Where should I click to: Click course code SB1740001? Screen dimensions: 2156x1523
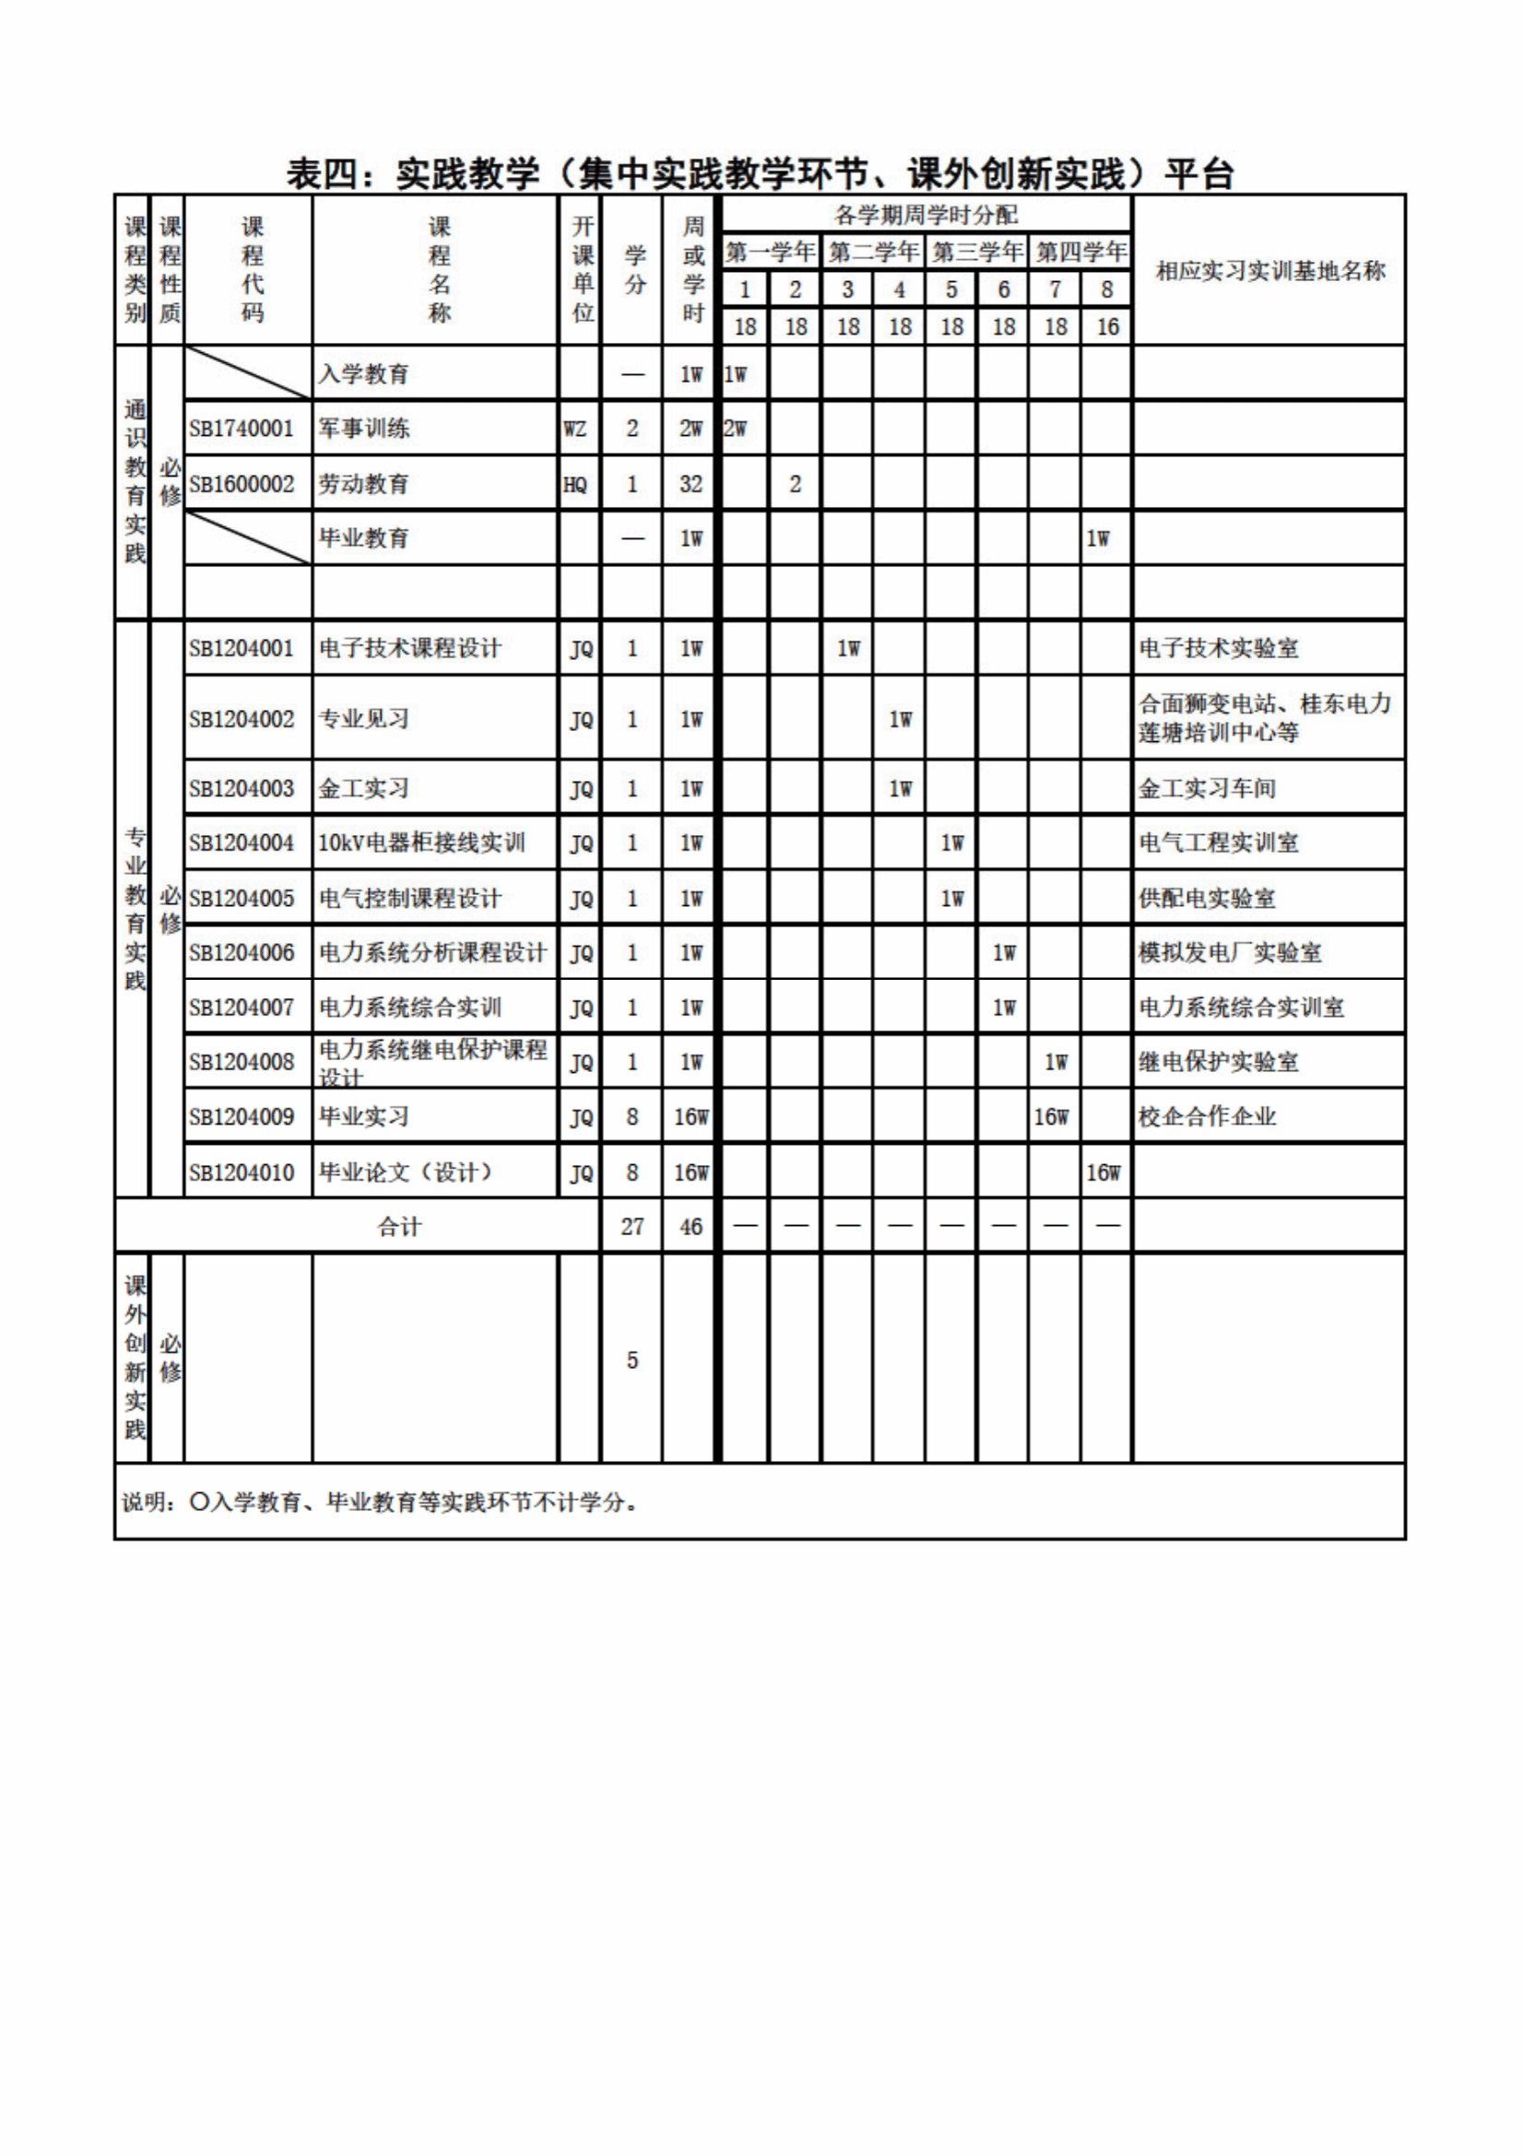[242, 430]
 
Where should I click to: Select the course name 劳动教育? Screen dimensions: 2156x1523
[363, 485]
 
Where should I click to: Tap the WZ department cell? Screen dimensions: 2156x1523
[574, 430]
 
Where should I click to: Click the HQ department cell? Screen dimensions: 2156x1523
[574, 485]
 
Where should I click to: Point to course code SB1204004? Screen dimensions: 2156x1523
[242, 843]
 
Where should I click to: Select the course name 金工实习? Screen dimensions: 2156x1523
[363, 789]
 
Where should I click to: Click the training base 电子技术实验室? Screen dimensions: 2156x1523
[1218, 649]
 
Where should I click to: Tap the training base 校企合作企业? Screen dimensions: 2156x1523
[1207, 1117]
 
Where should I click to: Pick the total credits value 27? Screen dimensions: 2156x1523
[632, 1227]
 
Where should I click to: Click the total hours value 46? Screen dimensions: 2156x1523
[691, 1227]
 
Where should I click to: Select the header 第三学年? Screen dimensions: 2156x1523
[976, 253]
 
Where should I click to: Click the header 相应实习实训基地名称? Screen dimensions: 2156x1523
[1269, 271]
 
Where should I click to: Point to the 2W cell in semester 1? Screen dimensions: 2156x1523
[735, 430]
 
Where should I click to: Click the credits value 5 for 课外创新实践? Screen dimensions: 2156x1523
[632, 1361]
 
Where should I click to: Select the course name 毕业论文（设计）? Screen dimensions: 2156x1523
[406, 1172]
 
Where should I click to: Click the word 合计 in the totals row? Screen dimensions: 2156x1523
[399, 1227]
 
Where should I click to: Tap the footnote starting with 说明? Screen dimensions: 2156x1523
[380, 1502]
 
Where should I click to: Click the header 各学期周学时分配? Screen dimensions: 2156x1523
[926, 215]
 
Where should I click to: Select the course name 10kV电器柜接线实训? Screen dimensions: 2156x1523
[420, 843]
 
